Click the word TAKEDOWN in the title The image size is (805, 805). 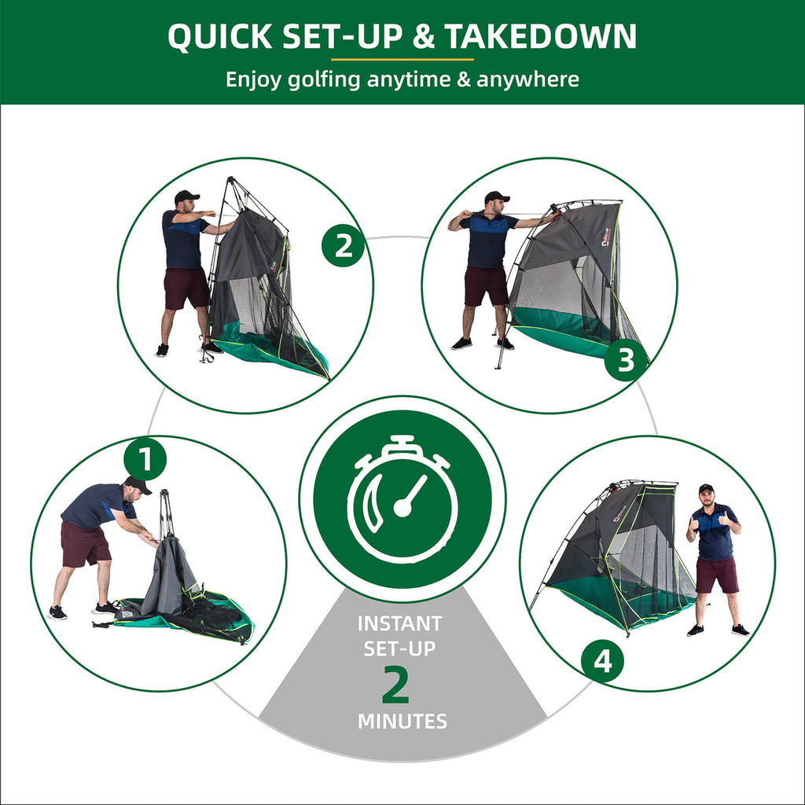point(540,36)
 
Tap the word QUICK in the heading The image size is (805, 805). point(220,36)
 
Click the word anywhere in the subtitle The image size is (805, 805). point(527,79)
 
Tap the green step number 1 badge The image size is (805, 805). point(145,458)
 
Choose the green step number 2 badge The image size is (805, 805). point(343,245)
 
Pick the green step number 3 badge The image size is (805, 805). point(625,359)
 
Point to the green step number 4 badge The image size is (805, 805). point(603,660)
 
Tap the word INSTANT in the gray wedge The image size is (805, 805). point(400,623)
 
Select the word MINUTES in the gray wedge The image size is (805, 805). point(402,722)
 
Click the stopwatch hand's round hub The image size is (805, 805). point(402,508)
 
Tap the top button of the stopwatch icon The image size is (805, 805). point(401,443)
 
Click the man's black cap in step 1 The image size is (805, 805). point(138,483)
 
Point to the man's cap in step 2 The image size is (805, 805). point(186,196)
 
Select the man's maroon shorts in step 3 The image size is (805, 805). point(486,286)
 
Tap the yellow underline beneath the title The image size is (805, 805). point(402,60)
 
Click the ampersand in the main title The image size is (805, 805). point(422,37)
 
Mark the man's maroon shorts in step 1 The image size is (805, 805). point(85,544)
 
